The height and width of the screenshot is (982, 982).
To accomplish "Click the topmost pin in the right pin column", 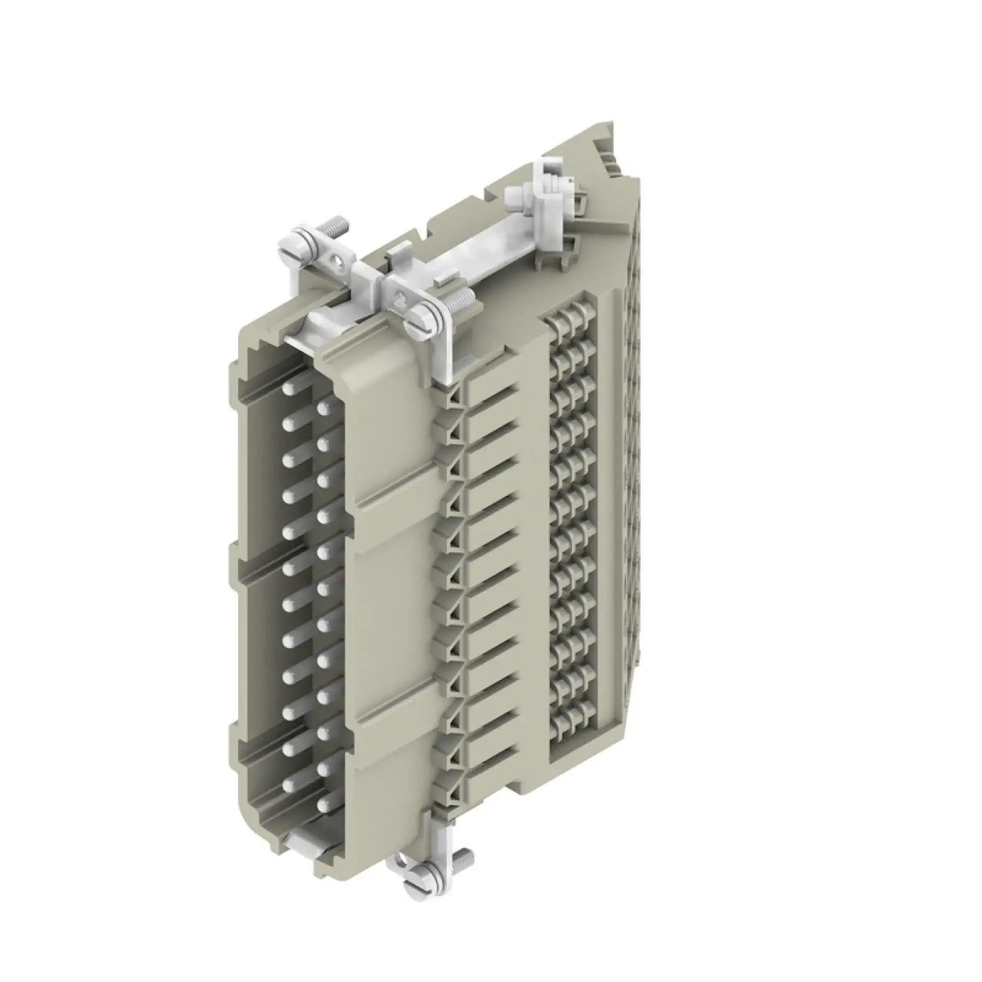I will pos(323,408).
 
